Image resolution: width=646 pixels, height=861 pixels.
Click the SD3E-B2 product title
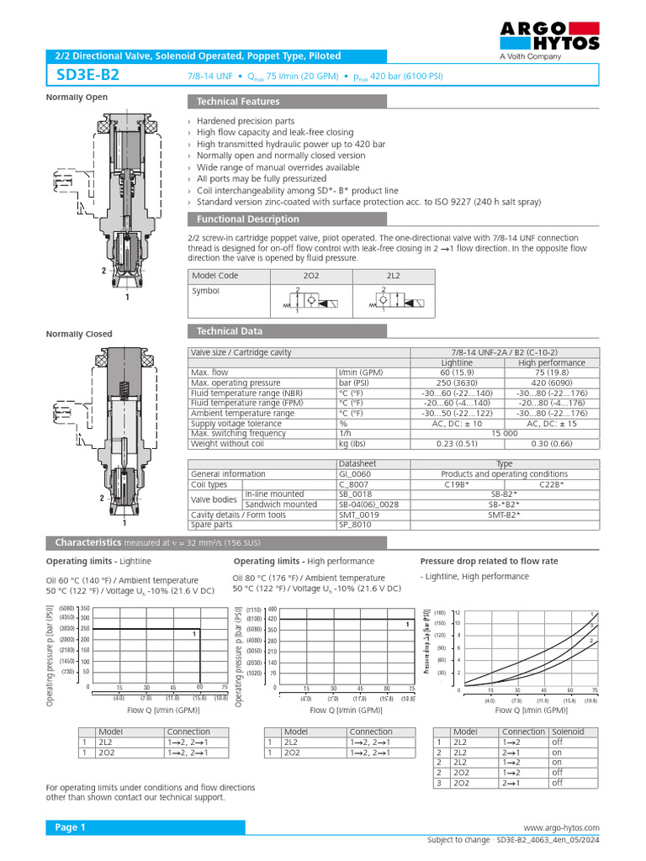(87, 75)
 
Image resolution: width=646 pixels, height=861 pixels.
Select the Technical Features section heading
(238, 102)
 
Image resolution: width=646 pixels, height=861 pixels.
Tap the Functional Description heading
(247, 219)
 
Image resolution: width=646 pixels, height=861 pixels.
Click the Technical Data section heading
(229, 331)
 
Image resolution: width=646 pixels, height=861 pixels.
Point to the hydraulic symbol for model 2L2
(394, 300)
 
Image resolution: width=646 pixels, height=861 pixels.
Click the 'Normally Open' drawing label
(77, 98)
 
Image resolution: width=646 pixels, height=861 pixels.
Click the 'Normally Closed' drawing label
(79, 334)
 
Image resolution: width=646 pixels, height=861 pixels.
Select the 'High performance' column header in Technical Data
(552, 362)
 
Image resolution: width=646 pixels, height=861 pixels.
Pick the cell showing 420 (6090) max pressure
(552, 383)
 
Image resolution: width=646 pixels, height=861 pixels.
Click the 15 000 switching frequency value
(504, 433)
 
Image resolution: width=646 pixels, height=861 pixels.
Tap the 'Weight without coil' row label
(228, 443)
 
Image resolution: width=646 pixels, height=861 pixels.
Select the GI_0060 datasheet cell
(357, 474)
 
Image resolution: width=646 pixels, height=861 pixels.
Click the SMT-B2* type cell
(505, 515)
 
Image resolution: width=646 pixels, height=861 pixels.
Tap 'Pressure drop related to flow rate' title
(488, 561)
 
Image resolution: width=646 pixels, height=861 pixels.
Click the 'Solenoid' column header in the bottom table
(568, 732)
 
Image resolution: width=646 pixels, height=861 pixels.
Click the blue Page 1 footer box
(146, 828)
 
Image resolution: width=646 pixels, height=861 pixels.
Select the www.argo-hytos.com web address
(561, 828)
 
